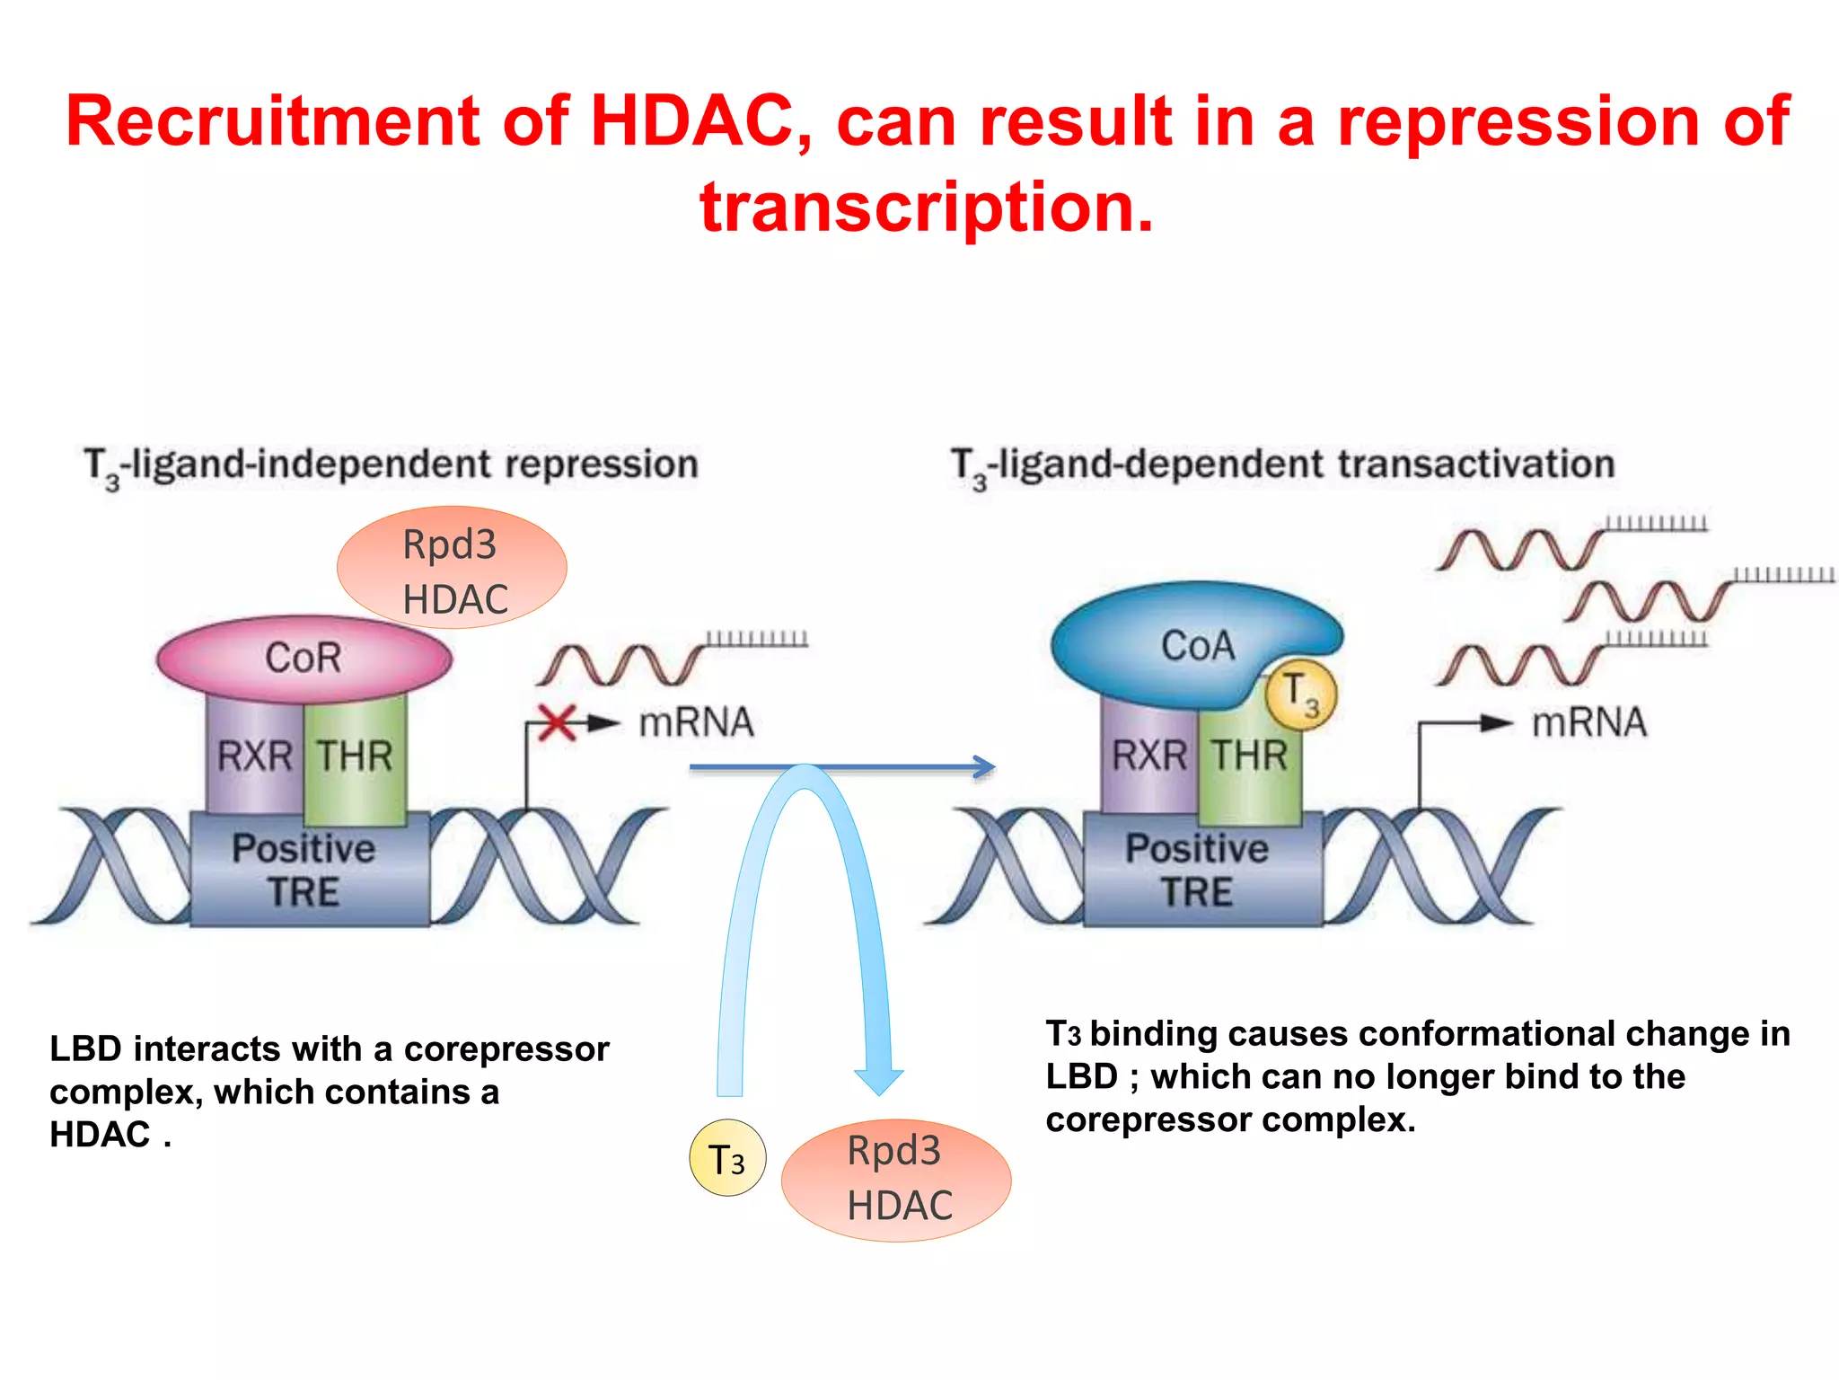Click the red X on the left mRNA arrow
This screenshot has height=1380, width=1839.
[x=558, y=722]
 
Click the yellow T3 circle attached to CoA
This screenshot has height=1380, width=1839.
[x=1300, y=694]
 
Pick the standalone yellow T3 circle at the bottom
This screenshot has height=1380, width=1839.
[x=727, y=1158]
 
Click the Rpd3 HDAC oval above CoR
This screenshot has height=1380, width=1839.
[x=452, y=568]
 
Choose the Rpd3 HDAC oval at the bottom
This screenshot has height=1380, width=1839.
[x=896, y=1180]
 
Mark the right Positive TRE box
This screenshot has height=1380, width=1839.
[x=1199, y=870]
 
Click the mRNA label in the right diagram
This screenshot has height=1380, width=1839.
[x=1589, y=722]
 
